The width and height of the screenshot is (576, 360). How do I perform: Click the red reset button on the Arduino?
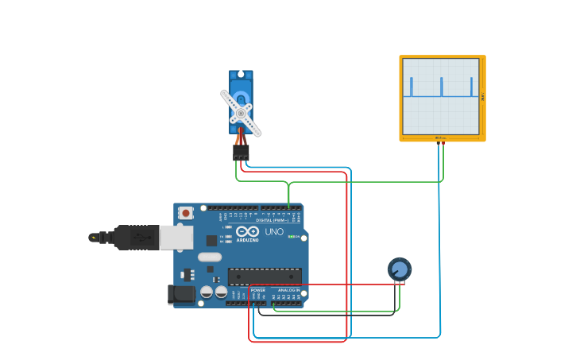pyautogui.click(x=185, y=212)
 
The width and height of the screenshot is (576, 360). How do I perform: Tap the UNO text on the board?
pyautogui.click(x=274, y=232)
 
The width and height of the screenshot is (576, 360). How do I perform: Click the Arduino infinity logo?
pyautogui.click(x=247, y=231)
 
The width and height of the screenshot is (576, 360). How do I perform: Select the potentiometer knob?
pyautogui.click(x=400, y=269)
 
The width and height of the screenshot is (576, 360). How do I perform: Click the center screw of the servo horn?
pyautogui.click(x=241, y=113)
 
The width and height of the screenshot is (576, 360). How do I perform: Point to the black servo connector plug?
pyautogui.click(x=241, y=152)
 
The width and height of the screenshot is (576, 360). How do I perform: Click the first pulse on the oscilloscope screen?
pyautogui.click(x=412, y=87)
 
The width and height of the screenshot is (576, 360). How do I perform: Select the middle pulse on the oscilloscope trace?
pyautogui.click(x=442, y=87)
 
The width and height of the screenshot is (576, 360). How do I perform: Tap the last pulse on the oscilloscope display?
pyautogui.click(x=471, y=87)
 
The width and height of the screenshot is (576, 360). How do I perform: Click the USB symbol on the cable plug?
pyautogui.click(x=143, y=237)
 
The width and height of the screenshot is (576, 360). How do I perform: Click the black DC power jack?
pyautogui.click(x=182, y=295)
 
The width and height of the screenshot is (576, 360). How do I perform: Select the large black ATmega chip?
pyautogui.click(x=265, y=277)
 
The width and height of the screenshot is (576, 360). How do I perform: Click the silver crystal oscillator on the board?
pyautogui.click(x=210, y=257)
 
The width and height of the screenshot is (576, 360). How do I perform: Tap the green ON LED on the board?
pyautogui.click(x=292, y=237)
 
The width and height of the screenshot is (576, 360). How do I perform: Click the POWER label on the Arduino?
pyautogui.click(x=258, y=290)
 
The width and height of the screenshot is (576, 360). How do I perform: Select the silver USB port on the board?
pyautogui.click(x=176, y=237)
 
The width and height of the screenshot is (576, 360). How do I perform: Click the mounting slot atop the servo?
pyautogui.click(x=241, y=75)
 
